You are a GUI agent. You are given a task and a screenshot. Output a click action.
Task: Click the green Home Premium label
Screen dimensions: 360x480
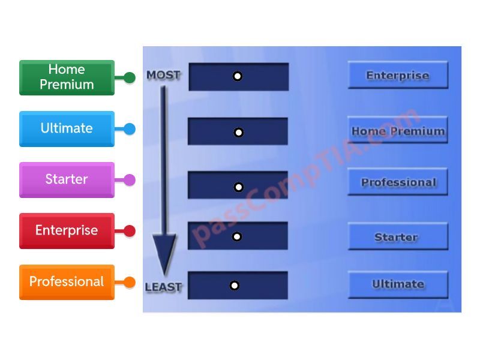pyautogui.click(x=67, y=77)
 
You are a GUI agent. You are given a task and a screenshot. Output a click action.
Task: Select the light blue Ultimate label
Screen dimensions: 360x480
pyautogui.click(x=67, y=128)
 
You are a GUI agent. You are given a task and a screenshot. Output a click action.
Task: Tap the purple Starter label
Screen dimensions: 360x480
pyautogui.click(x=67, y=179)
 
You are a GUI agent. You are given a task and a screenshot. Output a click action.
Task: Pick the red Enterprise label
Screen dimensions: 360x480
pyautogui.click(x=67, y=230)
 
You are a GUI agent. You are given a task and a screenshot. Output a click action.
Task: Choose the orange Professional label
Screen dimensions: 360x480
pyautogui.click(x=67, y=281)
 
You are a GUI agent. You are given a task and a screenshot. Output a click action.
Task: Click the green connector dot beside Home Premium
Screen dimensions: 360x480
pyautogui.click(x=130, y=77)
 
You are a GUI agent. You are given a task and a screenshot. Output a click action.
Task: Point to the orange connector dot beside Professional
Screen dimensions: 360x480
pyautogui.click(x=130, y=282)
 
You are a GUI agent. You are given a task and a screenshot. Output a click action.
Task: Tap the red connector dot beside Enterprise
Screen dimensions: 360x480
pyautogui.click(x=130, y=231)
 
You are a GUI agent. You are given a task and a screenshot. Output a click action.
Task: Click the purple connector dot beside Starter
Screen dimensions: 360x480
pyautogui.click(x=130, y=180)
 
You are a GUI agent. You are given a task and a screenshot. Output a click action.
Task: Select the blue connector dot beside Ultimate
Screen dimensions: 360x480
pyautogui.click(x=130, y=129)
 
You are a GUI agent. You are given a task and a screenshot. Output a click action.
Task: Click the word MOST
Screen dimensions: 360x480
pyautogui.click(x=163, y=76)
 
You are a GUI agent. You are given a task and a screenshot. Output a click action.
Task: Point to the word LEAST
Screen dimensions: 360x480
pyautogui.click(x=163, y=287)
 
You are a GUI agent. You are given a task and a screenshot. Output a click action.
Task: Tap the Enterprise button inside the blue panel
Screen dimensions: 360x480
pyautogui.click(x=398, y=76)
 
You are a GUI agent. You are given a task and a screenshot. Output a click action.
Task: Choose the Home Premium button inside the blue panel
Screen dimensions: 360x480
pyautogui.click(x=398, y=131)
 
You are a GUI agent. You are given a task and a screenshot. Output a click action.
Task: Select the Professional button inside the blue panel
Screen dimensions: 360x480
pyautogui.click(x=398, y=182)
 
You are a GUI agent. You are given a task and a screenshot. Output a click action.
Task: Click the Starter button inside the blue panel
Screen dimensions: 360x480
pyautogui.click(x=398, y=237)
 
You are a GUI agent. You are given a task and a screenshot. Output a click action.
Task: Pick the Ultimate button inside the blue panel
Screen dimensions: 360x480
pyautogui.click(x=398, y=284)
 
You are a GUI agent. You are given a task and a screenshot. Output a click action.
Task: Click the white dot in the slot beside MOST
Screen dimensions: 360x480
pyautogui.click(x=238, y=76)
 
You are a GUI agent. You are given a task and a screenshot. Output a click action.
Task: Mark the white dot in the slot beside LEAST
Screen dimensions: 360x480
pyautogui.click(x=235, y=286)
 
